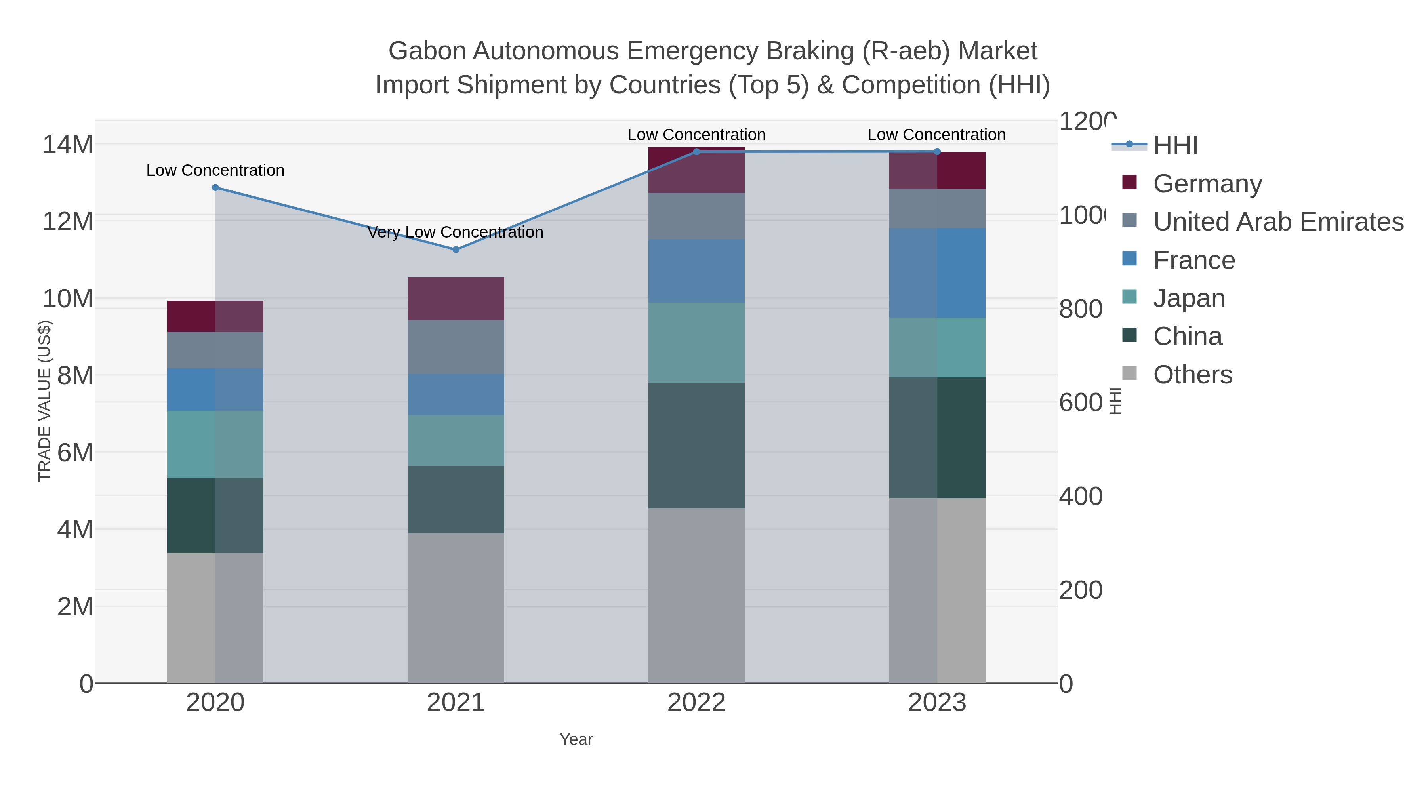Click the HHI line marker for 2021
(x=456, y=250)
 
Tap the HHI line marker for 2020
(x=215, y=188)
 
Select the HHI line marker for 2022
(x=696, y=152)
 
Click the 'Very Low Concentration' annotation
(x=455, y=232)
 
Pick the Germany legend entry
(x=1207, y=183)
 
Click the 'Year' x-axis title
(x=576, y=739)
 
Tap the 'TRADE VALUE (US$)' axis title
(x=44, y=401)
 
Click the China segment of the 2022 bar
(x=696, y=445)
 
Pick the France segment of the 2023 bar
(x=937, y=272)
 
